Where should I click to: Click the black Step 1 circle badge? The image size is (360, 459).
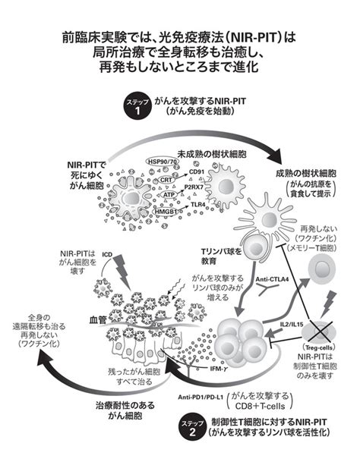[137, 108]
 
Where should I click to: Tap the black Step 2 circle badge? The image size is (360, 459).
[192, 428]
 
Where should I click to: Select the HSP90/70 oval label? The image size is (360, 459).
[159, 162]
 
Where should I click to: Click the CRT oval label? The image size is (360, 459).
[166, 180]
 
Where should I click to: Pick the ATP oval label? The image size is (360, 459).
[169, 194]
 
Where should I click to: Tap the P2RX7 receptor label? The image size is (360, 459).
[194, 187]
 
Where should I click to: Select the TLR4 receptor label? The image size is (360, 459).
[198, 205]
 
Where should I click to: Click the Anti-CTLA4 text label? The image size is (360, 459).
[272, 279]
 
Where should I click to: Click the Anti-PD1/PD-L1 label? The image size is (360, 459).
[201, 398]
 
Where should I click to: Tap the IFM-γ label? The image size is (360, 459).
[219, 368]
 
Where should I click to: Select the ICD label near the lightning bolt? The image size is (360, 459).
[107, 254]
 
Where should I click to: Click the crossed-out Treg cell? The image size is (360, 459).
[320, 333]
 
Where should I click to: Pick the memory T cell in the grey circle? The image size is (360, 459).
[321, 269]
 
